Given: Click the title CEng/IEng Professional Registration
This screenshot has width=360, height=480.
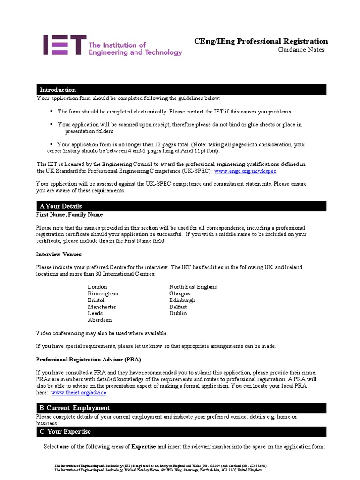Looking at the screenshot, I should pos(261,41).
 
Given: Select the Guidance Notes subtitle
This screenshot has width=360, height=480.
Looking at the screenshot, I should pos(301,50).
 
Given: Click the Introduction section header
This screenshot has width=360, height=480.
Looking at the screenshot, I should pos(58,90).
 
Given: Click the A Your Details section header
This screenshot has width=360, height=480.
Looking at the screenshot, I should pos(60,206).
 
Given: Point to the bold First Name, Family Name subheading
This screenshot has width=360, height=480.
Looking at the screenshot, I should pos(69,215).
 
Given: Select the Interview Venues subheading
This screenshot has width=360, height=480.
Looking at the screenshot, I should pos(59,254).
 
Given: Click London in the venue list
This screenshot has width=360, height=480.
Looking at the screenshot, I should pos(97,287).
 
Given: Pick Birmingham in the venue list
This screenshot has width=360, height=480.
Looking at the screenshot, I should pos(103,293).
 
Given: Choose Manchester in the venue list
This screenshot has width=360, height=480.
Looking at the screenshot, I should pos(102,307).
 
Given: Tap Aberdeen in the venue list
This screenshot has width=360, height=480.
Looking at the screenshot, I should pos(100,320).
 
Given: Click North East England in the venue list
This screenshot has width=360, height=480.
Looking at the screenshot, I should pos(193,287).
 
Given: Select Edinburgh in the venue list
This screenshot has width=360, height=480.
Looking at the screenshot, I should pos(182,300).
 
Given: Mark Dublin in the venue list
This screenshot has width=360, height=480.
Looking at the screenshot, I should pos(178,313).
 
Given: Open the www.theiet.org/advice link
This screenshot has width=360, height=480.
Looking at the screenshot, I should pos(79,392).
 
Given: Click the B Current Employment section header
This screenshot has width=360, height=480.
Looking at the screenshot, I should pos(75,408).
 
